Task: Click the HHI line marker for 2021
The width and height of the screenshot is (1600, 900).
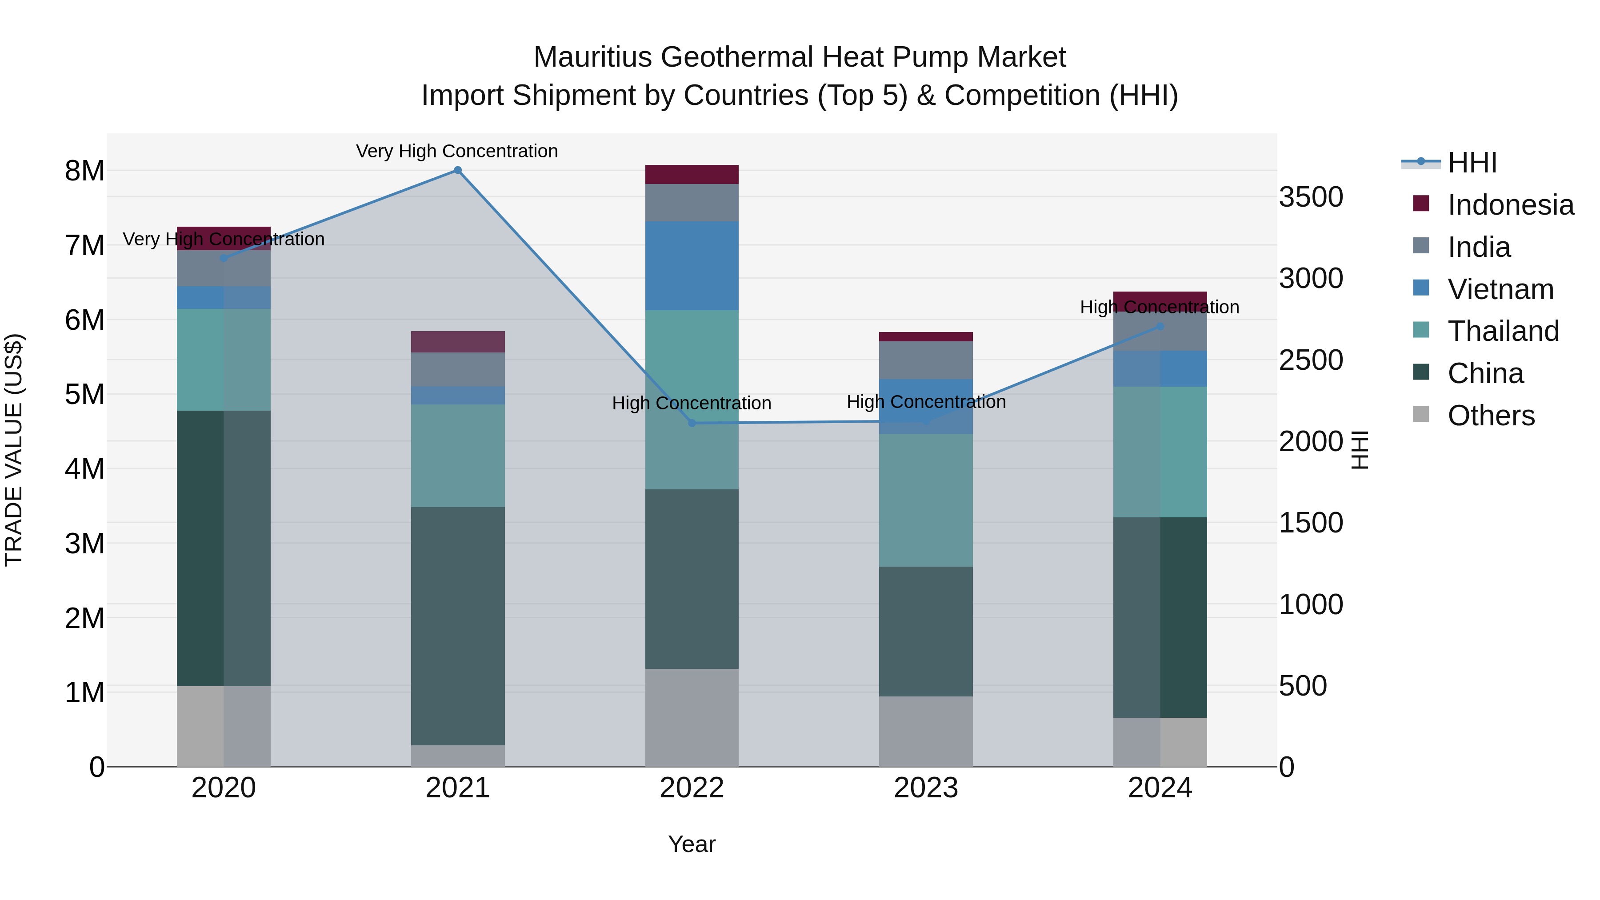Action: coord(458,170)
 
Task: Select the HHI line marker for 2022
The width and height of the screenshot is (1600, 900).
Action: coord(692,423)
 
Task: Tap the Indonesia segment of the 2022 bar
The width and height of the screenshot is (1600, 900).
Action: coord(692,175)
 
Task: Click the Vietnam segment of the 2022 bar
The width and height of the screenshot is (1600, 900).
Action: coord(692,266)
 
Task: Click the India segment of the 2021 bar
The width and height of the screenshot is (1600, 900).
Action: coord(458,370)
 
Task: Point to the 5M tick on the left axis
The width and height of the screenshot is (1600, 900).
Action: coord(84,394)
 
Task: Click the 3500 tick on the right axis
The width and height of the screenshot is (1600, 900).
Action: coord(1311,197)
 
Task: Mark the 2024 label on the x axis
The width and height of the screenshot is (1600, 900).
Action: coord(1160,788)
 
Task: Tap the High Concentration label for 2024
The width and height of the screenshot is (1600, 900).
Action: coord(1159,307)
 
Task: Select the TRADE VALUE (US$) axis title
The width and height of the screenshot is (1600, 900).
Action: coord(14,450)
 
